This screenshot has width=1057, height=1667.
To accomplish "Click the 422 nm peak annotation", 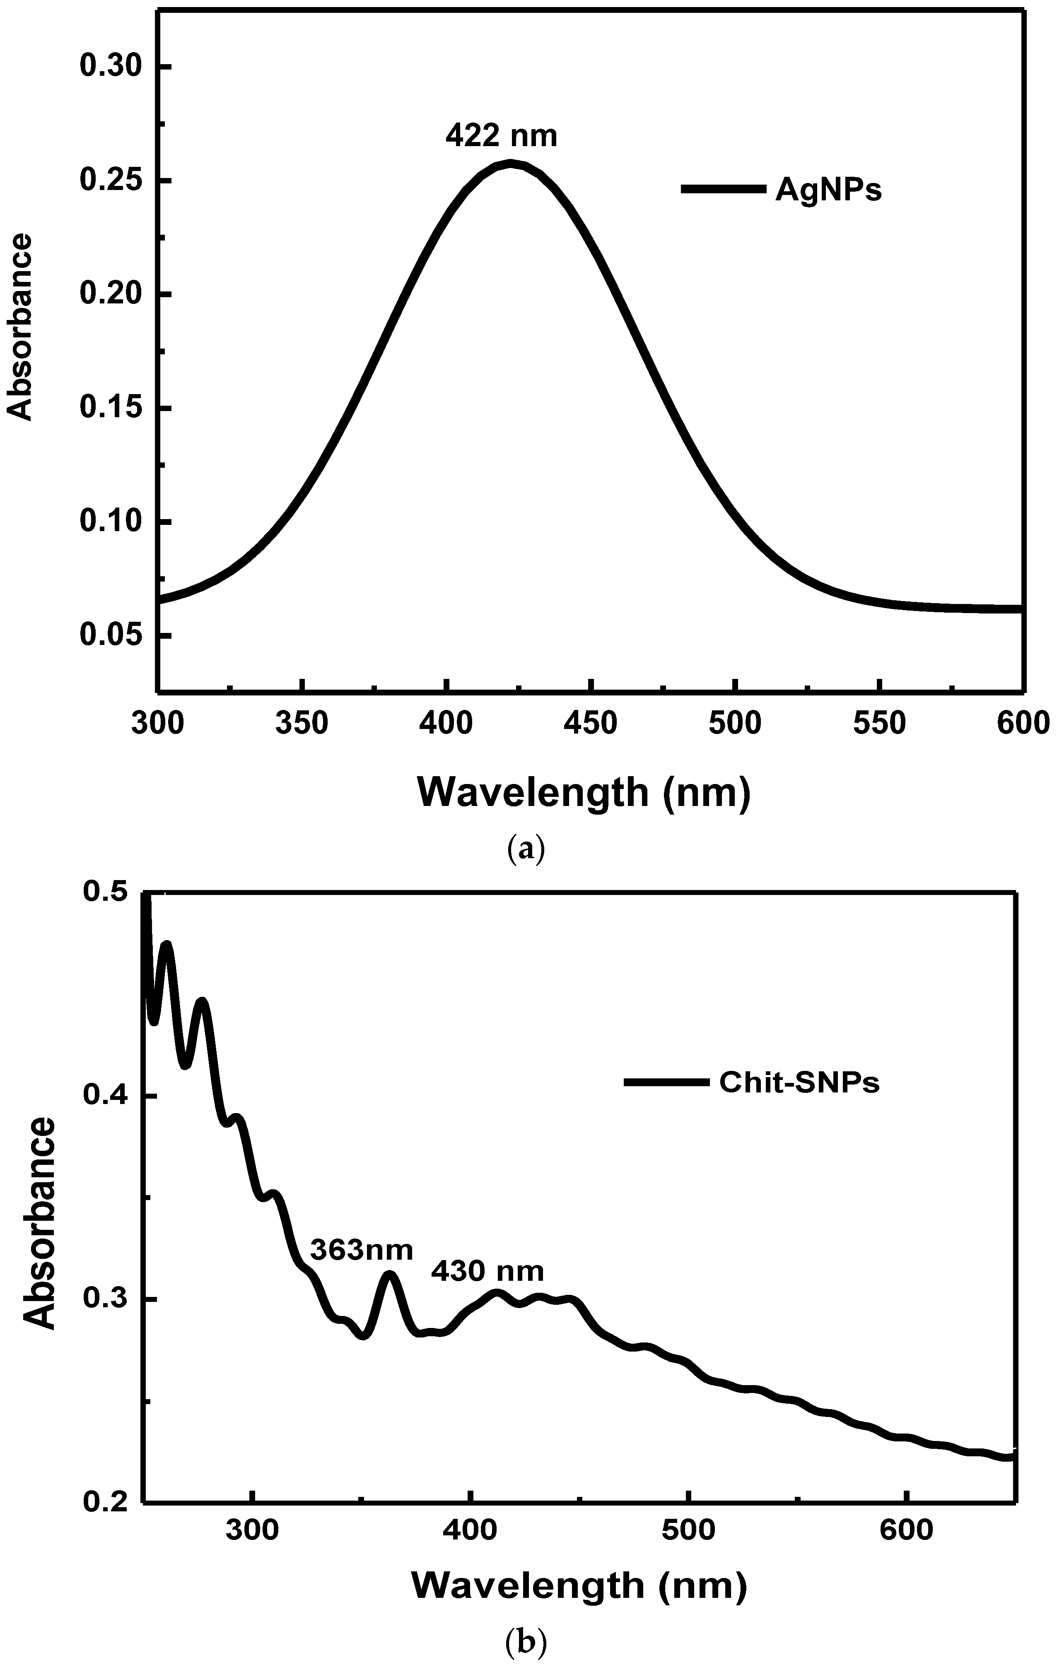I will point(501,136).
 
